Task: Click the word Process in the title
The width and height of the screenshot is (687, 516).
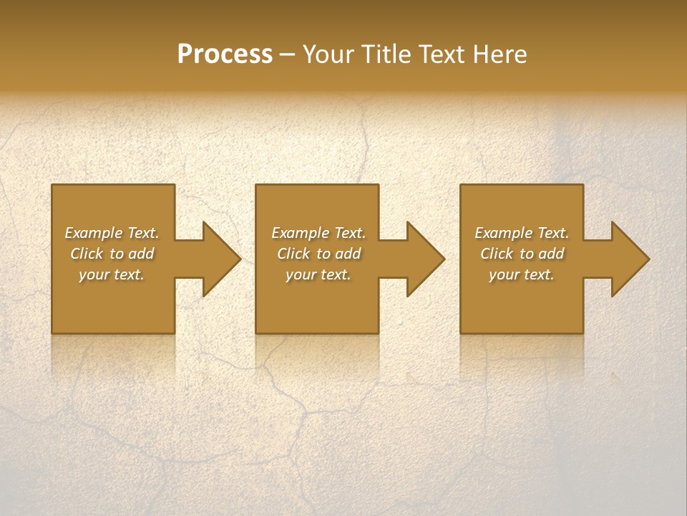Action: (x=225, y=54)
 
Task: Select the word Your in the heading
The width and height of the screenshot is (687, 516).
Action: (x=329, y=54)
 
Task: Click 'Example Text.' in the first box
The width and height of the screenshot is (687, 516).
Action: (x=112, y=233)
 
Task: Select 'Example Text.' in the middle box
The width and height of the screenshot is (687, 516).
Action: (x=318, y=233)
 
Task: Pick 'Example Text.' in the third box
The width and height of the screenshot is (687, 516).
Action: (x=522, y=233)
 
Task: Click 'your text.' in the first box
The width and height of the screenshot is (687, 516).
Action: (x=112, y=274)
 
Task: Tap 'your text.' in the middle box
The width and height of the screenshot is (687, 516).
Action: (x=318, y=274)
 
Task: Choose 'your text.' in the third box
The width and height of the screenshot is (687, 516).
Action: (x=522, y=274)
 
